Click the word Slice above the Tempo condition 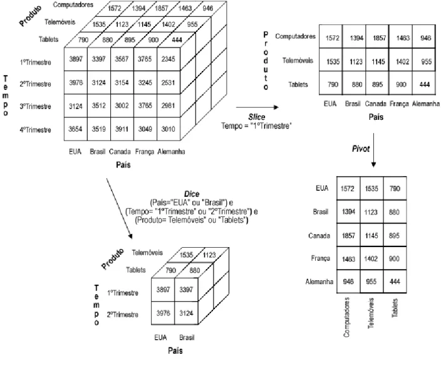[x=256, y=117]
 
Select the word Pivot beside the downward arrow [x=361, y=149]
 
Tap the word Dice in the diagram [x=192, y=194]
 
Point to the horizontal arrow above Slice [x=257, y=107]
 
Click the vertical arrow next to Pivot [x=373, y=150]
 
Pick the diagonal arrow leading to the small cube [x=119, y=208]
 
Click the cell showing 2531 [x=168, y=83]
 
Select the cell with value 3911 [x=122, y=129]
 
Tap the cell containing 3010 [x=168, y=129]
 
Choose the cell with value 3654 [x=76, y=129]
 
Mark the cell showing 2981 [x=168, y=105]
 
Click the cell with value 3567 [x=122, y=59]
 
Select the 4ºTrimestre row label [x=36, y=130]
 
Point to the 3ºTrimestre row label [x=36, y=107]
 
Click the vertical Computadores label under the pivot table [x=346, y=317]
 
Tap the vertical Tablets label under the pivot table [x=395, y=308]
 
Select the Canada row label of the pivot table [x=319, y=235]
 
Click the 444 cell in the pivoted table [x=395, y=282]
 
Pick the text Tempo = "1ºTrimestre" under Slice [x=256, y=125]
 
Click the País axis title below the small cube [x=175, y=351]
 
